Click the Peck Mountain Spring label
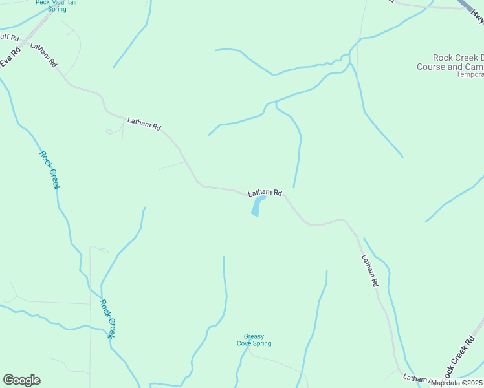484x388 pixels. point(57,6)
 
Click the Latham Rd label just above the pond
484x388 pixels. point(265,193)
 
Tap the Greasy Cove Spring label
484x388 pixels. point(254,339)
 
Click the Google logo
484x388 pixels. point(21,380)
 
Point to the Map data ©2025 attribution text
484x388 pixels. point(457,383)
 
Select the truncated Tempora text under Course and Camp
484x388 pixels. point(470,75)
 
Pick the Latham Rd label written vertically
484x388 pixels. point(369,270)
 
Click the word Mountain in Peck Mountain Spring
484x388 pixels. point(57,3)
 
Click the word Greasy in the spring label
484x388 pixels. point(254,336)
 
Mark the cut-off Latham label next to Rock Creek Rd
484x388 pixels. point(415,378)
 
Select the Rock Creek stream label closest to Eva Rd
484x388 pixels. point(50,170)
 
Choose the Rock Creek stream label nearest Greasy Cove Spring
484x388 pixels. point(107,318)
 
